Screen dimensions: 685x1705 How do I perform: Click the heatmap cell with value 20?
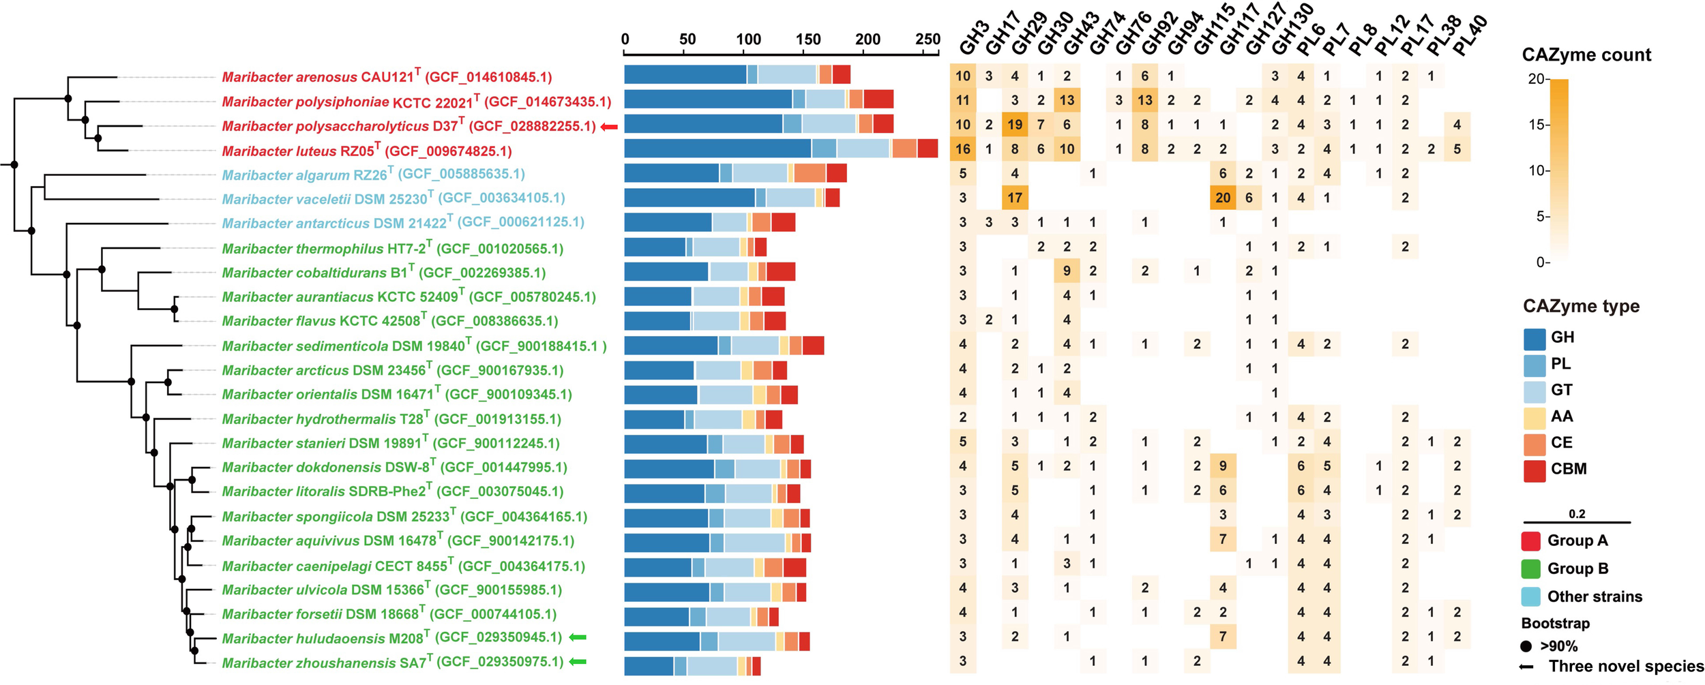pos(1223,198)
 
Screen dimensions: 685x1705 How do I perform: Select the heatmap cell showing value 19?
pos(1015,125)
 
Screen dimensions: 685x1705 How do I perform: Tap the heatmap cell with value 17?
pos(1015,198)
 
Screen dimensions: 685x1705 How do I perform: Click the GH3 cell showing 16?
pos(962,149)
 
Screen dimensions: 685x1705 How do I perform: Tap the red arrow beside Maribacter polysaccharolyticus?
pos(609,127)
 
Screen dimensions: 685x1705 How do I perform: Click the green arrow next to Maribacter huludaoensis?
pos(578,637)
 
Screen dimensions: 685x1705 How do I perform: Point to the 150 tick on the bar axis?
pos(808,40)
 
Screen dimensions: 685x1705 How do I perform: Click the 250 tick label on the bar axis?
pos(928,40)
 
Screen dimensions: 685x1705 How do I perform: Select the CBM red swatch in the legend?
pos(1535,470)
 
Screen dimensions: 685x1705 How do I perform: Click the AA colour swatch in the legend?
pos(1535,417)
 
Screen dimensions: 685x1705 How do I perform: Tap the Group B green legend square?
pos(1531,568)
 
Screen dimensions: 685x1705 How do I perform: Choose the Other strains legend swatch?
pos(1531,596)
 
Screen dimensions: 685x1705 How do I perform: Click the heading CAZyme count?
pos(1586,55)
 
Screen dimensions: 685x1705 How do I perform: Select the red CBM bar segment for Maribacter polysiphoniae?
pos(878,100)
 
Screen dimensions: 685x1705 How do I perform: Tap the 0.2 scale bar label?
pos(1577,514)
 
